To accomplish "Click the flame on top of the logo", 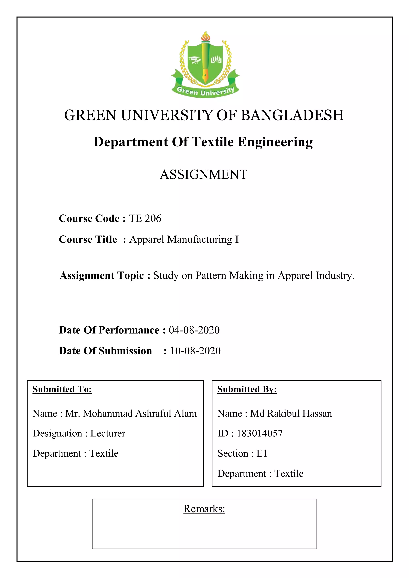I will click(205, 36).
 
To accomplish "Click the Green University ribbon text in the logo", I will click(205, 91).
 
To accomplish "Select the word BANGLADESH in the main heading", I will click(292, 115).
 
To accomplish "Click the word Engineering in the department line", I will click(275, 142).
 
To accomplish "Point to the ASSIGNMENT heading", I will click(204, 174).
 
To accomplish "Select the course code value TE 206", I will click(145, 219).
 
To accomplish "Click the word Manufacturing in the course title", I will click(200, 240).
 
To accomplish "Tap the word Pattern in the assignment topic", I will click(211, 275).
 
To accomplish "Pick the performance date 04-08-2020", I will click(194, 330).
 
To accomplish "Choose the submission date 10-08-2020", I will click(196, 351).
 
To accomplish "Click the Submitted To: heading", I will click(62, 389).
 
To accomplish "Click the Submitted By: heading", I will click(247, 389).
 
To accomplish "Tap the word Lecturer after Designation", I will click(108, 433).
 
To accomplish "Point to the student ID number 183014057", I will click(260, 433).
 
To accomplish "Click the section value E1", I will click(262, 453).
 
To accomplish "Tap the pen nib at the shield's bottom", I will click(205, 75).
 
